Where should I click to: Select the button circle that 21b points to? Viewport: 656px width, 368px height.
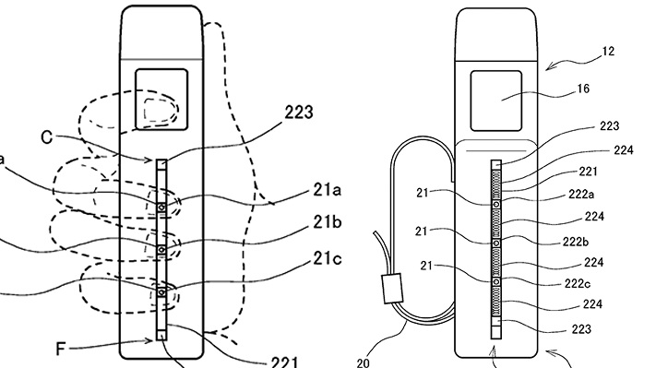tap(161, 250)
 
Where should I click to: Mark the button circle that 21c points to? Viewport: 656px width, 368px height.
tap(161, 292)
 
